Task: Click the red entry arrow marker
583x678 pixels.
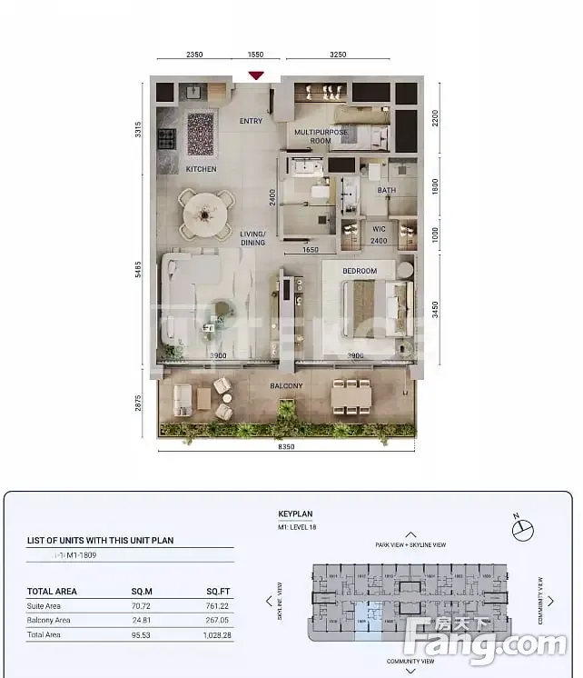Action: [256, 75]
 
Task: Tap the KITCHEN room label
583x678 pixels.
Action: [201, 170]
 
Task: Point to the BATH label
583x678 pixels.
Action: [387, 191]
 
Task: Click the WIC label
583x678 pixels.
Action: [380, 229]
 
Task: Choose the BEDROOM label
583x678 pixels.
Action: [360, 271]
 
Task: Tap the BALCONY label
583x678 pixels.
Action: [286, 386]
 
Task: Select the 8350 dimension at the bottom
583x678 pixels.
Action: [286, 446]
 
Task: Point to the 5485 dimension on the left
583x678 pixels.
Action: [138, 271]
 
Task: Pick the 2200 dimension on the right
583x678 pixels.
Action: [436, 118]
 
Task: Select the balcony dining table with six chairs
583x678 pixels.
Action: [351, 395]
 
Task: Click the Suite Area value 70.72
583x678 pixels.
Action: [142, 604]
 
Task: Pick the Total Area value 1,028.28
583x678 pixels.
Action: [219, 635]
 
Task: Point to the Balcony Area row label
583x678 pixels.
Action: [49, 620]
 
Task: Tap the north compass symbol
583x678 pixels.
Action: [519, 525]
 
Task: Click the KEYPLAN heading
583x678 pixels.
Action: [294, 513]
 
